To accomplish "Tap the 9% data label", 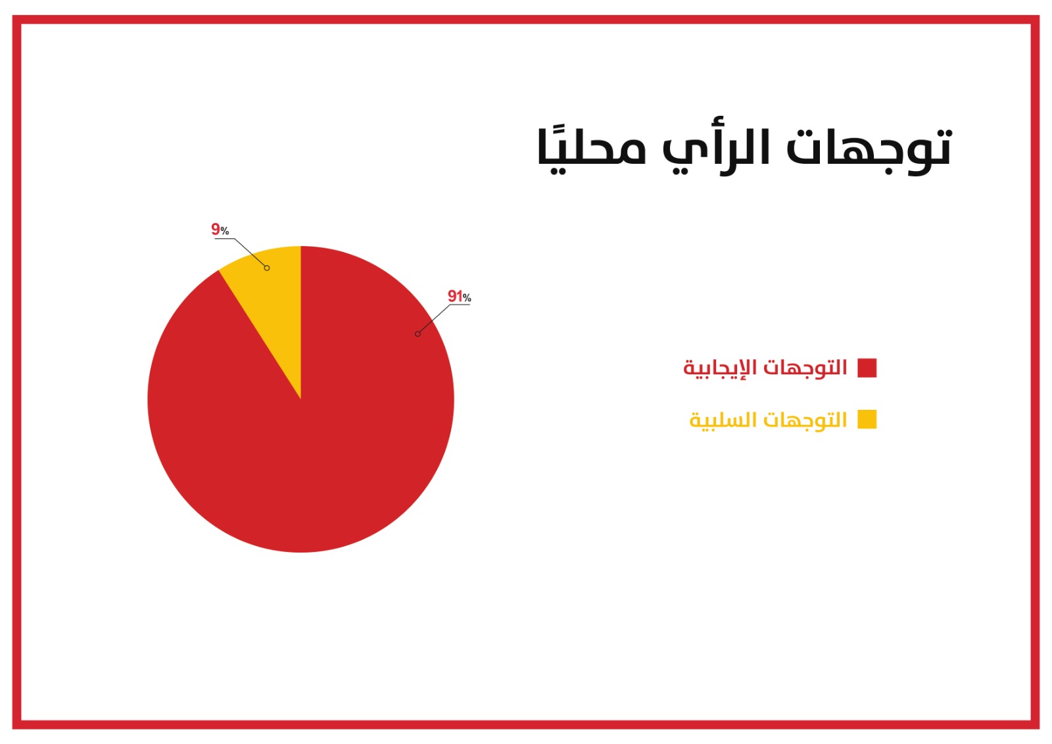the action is (x=220, y=230).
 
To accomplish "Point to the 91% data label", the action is (x=459, y=296).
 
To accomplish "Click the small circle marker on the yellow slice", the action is (x=267, y=268).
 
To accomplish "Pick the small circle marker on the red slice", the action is (x=418, y=334).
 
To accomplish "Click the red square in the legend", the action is (x=867, y=368).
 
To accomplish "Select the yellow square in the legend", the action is (x=867, y=420).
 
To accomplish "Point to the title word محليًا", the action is (x=591, y=149).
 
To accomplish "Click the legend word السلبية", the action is (x=723, y=420).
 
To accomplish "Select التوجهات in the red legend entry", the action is (x=805, y=368).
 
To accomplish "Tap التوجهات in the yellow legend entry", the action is (x=805, y=419).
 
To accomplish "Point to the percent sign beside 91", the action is (x=467, y=297).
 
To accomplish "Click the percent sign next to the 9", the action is (x=225, y=231).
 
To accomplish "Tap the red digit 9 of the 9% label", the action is (x=216, y=229).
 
